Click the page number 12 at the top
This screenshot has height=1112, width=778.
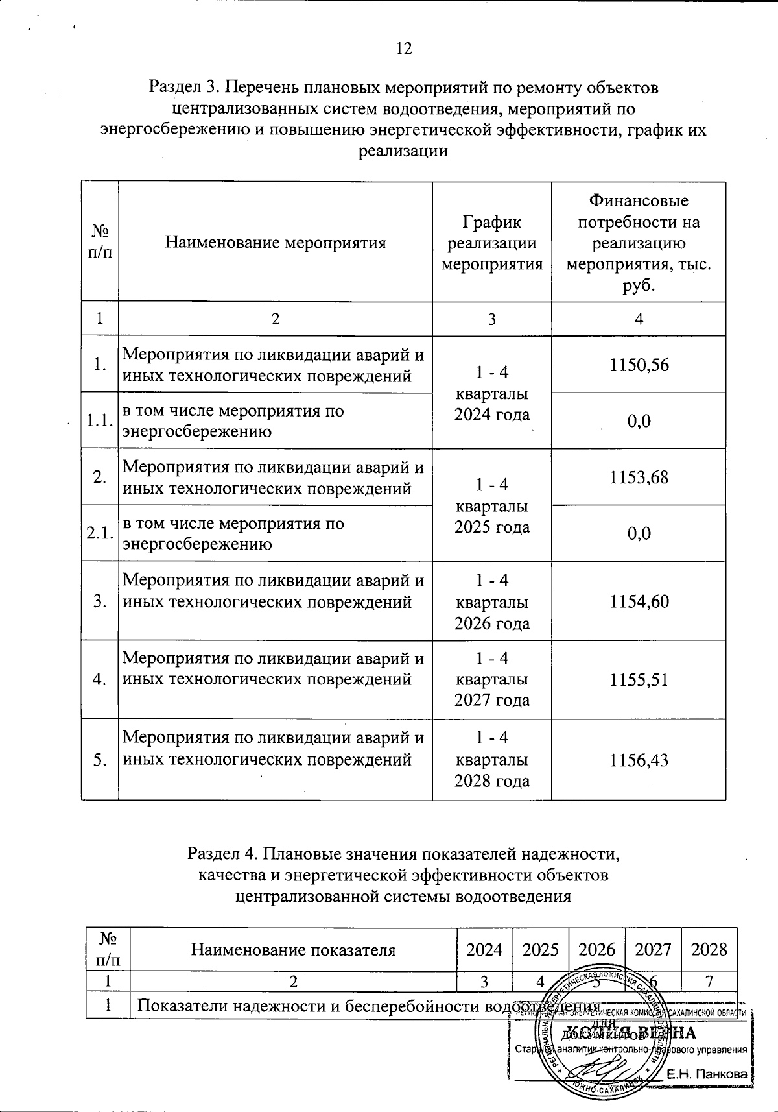(403, 49)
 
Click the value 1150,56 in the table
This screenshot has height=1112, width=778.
(639, 365)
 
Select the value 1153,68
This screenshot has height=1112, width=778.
(639, 477)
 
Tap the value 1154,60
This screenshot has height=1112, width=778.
(639, 601)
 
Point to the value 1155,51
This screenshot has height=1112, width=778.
(639, 679)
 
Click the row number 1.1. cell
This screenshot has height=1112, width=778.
(100, 421)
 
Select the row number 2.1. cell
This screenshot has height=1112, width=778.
(100, 533)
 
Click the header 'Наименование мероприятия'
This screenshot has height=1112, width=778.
(276, 243)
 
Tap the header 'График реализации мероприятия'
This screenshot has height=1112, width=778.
(492, 243)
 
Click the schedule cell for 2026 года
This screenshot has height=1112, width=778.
(492, 601)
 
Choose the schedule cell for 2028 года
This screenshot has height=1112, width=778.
(492, 759)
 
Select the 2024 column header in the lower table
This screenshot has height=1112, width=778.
(484, 950)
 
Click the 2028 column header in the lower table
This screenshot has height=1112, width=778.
(709, 950)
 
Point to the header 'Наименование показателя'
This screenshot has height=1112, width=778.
(293, 950)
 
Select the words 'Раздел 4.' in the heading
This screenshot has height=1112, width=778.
(223, 854)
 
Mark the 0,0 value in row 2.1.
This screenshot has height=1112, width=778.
(639, 533)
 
